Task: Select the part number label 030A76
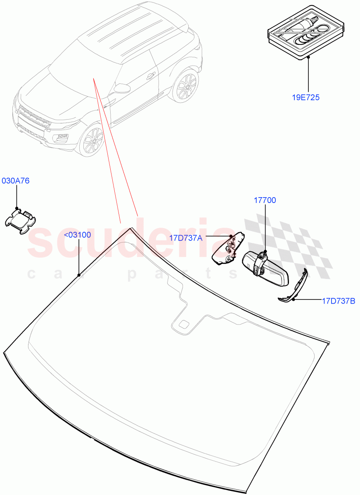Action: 16,181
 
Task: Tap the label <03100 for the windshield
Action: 78,235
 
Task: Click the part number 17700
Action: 265,200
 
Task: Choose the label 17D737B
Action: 338,301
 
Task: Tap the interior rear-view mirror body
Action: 265,269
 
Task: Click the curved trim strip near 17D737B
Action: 295,287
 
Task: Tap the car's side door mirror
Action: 122,88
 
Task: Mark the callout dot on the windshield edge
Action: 78,275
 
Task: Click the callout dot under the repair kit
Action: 308,58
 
